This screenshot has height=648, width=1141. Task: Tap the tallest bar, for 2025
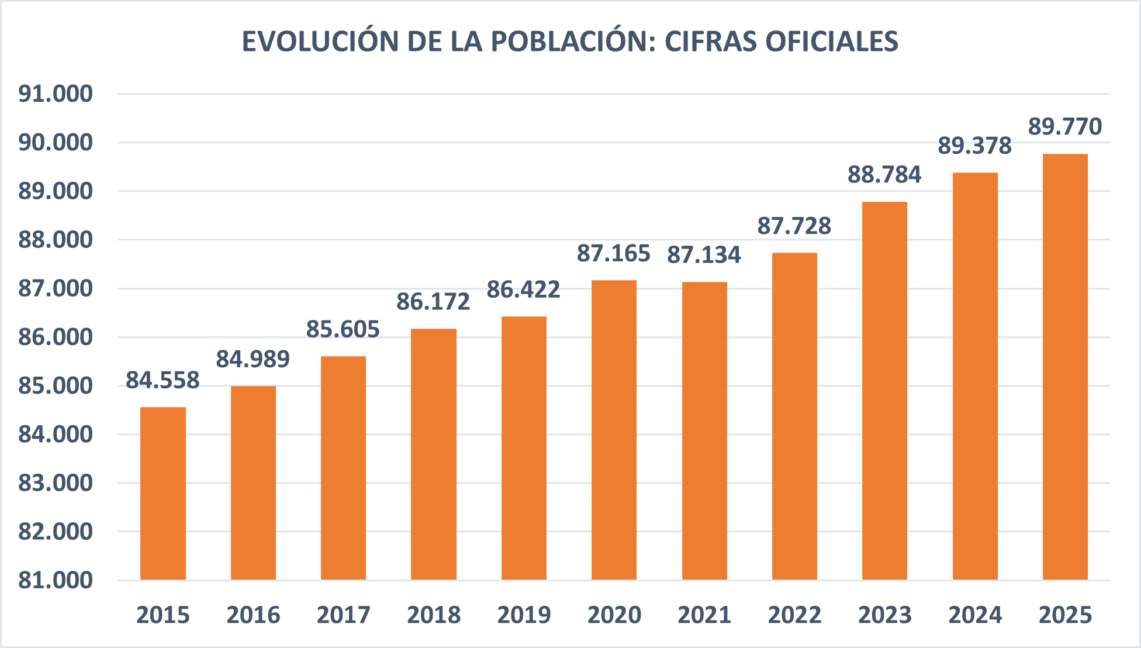(x=1065, y=367)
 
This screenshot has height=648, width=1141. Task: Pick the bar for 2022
(x=794, y=416)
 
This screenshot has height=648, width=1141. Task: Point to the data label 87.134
(x=704, y=255)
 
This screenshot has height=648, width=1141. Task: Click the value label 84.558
(x=162, y=380)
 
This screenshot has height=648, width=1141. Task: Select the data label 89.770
(x=1064, y=127)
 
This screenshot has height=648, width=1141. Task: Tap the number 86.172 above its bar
(x=433, y=302)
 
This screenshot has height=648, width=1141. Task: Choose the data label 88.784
(x=884, y=175)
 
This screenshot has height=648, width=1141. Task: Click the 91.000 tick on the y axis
(x=56, y=94)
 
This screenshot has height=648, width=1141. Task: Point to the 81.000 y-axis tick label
(x=56, y=580)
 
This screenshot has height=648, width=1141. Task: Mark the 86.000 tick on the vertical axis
(x=56, y=337)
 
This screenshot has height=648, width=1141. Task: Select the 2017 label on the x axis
(x=343, y=615)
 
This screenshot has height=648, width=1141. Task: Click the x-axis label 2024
(x=974, y=615)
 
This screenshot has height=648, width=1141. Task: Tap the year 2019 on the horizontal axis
(x=524, y=615)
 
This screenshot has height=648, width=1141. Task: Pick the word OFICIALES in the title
(x=832, y=42)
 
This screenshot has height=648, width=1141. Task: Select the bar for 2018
(x=433, y=454)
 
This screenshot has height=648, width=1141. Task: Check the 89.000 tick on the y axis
(x=56, y=191)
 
